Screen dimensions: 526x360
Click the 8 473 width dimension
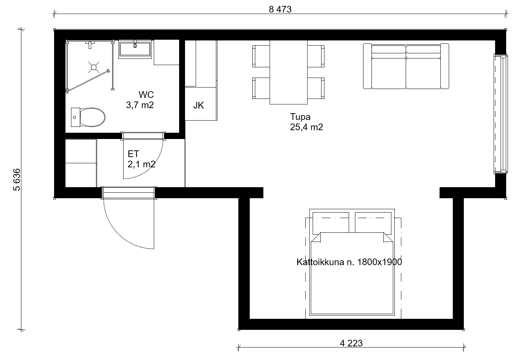(280, 10)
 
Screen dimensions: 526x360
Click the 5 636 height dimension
(17, 180)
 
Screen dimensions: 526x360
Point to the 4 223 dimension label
(351, 343)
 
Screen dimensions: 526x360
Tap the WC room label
(146, 95)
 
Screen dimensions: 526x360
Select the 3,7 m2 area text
(140, 105)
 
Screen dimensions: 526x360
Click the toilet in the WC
(88, 117)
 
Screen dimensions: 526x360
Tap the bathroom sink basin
(135, 49)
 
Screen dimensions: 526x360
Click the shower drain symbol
(94, 67)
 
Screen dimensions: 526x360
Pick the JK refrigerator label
(198, 106)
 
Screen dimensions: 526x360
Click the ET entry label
(134, 154)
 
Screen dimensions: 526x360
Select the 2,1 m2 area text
(141, 164)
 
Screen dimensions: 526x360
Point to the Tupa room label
(300, 117)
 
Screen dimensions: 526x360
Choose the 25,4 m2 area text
(306, 127)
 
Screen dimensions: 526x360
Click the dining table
(288, 72)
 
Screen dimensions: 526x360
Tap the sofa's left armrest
(367, 66)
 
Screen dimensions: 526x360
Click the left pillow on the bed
(331, 223)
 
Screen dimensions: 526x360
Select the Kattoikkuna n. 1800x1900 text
(349, 262)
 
